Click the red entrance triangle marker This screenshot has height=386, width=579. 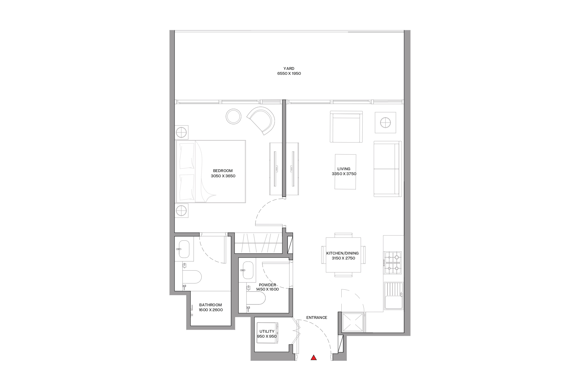314,358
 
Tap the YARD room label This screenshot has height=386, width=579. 289,69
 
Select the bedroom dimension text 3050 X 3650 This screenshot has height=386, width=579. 223,176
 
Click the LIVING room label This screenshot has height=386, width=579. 344,169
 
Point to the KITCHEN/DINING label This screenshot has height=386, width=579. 342,253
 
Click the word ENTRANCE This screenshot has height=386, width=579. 317,318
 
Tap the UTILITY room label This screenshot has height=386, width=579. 267,332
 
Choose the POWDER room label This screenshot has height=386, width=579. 267,285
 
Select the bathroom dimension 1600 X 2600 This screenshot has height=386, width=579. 211,310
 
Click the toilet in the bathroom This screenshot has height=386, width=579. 192,277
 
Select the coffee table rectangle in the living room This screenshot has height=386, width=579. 346,172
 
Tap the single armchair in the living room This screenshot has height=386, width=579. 346,127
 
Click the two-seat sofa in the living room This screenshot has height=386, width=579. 388,169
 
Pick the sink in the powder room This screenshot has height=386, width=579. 248,270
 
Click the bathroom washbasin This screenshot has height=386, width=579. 184,249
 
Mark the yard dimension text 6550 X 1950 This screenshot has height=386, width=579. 289,74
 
